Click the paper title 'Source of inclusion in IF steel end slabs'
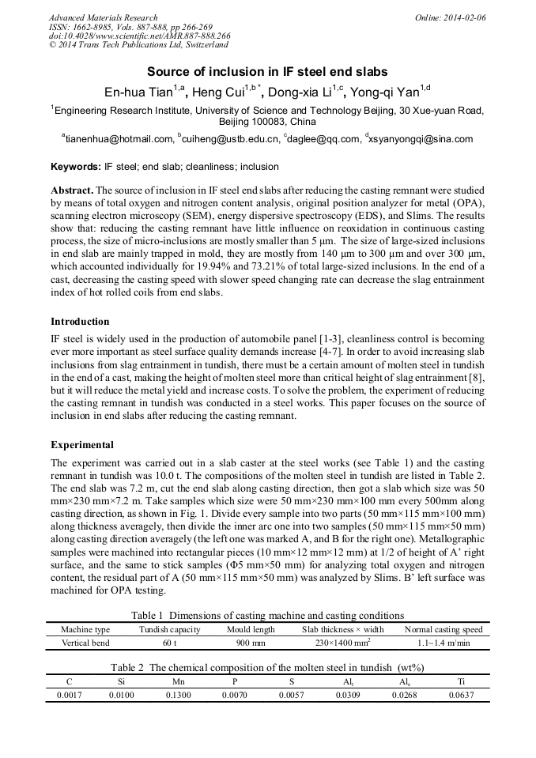pos(267,70)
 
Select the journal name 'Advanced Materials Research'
pos(103,17)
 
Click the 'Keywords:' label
pos(76,168)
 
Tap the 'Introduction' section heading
pos(80,322)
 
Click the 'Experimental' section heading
pos(81,444)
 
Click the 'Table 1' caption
pos(267,615)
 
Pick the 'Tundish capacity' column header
pos(170,629)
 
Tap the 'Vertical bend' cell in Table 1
pos(85,643)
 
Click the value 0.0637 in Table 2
pos(461,695)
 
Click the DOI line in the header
pos(139,36)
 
